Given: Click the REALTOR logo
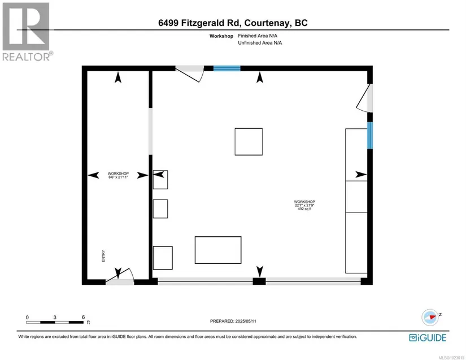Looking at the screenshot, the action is point(27,32).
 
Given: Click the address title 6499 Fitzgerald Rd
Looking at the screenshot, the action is point(199,23).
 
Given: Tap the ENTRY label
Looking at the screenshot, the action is point(103,255).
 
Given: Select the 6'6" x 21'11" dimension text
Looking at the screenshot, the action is point(118,177).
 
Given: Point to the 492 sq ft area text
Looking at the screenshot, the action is point(304,209).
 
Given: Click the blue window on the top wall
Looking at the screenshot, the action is point(227,68).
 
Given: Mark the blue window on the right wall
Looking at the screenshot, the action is point(370,135).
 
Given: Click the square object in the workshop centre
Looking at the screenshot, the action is point(249,141).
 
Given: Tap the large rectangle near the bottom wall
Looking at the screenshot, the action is point(218,250).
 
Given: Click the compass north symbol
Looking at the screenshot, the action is point(430,317).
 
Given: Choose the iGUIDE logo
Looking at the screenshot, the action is point(428,338).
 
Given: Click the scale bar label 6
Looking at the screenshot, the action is point(83,317).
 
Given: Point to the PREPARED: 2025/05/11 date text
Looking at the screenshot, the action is point(233,321).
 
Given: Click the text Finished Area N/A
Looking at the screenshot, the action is point(258,36).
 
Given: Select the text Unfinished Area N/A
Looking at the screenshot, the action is point(260,43).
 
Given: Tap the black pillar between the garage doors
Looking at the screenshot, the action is point(259,281).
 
